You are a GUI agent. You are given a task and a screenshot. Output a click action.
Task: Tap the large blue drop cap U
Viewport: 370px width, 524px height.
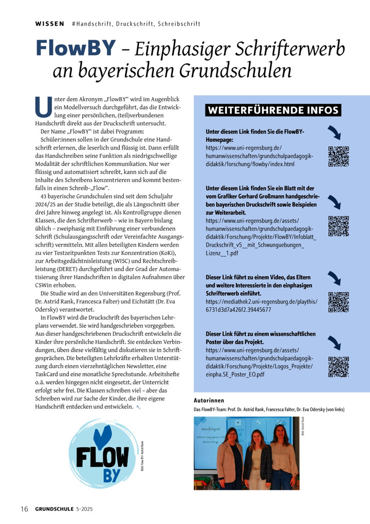[41, 106]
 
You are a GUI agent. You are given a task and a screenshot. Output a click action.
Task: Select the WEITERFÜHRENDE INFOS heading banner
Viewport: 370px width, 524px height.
[273, 110]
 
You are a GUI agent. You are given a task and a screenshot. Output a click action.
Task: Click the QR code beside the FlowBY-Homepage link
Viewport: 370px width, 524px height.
[338, 156]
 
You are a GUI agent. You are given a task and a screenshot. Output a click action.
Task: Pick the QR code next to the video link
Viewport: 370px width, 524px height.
[338, 302]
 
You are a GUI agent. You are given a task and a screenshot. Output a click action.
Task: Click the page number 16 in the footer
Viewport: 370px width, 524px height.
[24, 509]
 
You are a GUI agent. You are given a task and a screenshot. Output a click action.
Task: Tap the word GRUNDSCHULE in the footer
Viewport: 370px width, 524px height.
[54, 509]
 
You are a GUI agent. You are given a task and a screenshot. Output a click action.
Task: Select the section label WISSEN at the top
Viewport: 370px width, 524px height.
[49, 24]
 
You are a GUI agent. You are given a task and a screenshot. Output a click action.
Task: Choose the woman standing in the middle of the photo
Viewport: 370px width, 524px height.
[256, 458]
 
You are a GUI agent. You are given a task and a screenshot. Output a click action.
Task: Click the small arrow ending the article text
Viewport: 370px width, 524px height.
[138, 407]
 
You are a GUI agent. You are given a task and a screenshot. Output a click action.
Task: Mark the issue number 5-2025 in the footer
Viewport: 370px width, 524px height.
[84, 509]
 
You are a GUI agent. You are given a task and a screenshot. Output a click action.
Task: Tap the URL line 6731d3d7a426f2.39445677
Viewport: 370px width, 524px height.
[238, 310]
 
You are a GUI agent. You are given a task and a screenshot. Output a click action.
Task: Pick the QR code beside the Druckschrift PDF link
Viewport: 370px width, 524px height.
[338, 226]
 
